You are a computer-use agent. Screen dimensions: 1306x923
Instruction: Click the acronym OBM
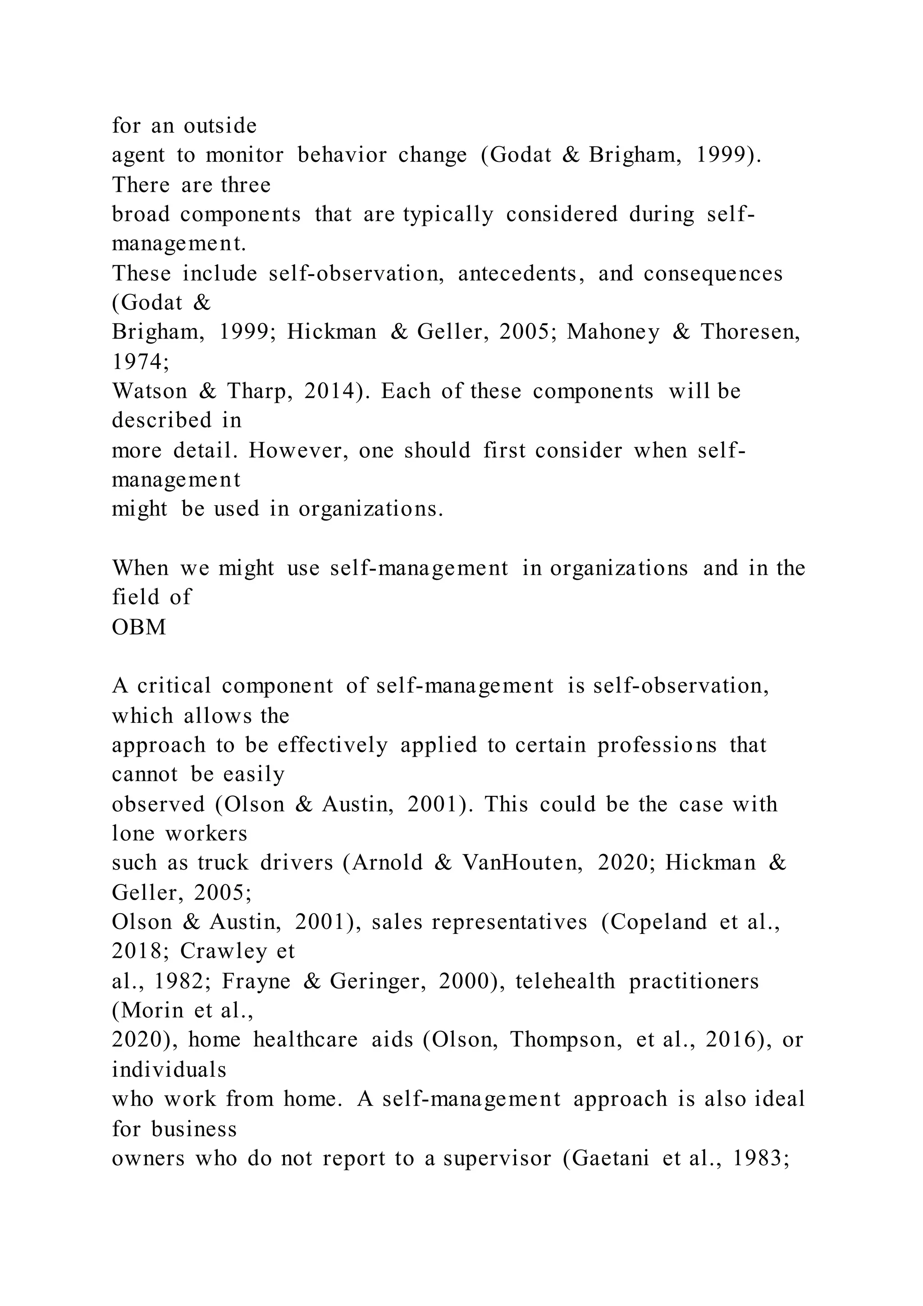click(x=139, y=627)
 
